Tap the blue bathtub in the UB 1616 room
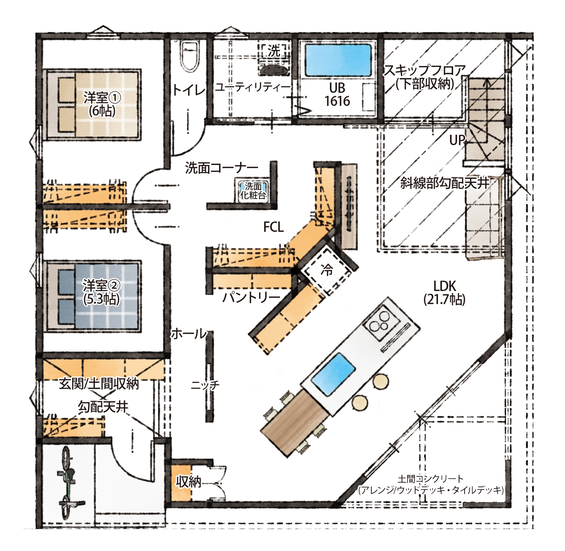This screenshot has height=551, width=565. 338,60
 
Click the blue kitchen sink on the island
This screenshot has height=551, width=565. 333,374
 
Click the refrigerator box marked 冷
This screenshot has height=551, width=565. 326,270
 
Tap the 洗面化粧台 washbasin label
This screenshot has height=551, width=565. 253,190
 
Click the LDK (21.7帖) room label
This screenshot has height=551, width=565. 444,293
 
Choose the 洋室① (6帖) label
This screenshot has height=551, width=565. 101,104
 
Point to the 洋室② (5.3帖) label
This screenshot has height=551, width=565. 101,292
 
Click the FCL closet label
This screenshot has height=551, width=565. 273,227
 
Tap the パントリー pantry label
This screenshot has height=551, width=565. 251,297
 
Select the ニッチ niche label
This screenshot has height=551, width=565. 205,385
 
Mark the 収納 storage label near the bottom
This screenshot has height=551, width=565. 189,482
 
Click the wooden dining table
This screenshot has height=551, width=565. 295,422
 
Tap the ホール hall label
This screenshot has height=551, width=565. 189,334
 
